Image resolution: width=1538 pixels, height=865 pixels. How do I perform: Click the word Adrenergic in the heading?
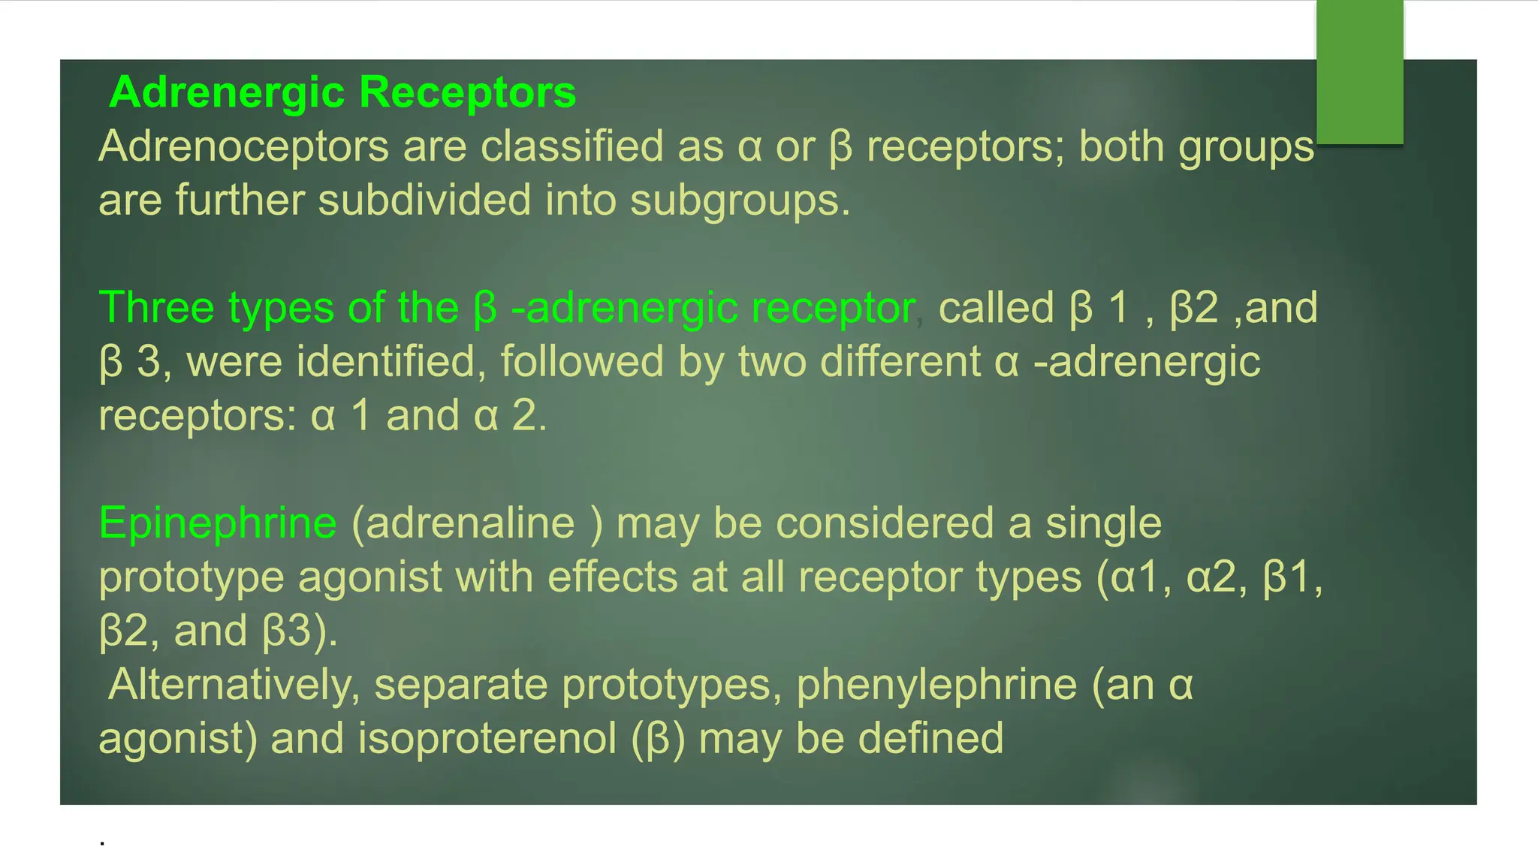point(227,94)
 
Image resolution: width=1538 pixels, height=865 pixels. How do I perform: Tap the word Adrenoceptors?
point(243,146)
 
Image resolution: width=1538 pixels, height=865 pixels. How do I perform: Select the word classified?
point(571,146)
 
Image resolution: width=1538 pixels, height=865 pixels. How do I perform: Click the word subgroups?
point(740,202)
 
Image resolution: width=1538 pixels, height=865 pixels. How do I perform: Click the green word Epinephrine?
point(218,523)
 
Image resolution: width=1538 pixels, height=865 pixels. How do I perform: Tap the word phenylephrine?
point(936,686)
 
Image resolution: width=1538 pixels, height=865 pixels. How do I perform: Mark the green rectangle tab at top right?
point(1359,71)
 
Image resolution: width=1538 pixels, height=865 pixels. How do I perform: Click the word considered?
point(885,523)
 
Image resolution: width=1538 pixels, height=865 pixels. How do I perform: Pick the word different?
point(900,362)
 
